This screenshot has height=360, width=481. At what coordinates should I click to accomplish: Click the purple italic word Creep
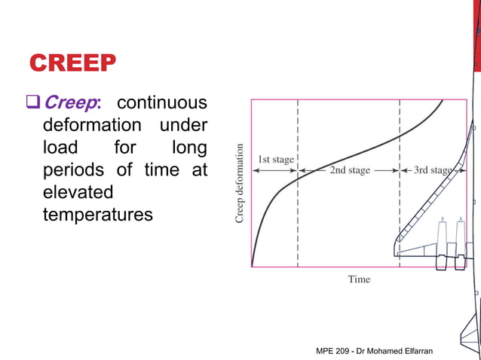(75, 102)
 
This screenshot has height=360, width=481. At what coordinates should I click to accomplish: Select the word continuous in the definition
(162, 102)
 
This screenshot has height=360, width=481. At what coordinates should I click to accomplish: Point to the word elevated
(78, 192)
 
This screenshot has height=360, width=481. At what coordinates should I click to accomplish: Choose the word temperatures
(98, 215)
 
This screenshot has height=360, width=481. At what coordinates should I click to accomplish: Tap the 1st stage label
(276, 160)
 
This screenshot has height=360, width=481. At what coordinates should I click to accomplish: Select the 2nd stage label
(349, 170)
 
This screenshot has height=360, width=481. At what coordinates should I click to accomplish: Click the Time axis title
(359, 279)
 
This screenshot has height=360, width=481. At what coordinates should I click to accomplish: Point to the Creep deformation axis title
(240, 183)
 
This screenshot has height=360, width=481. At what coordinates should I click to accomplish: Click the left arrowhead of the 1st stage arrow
(254, 171)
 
